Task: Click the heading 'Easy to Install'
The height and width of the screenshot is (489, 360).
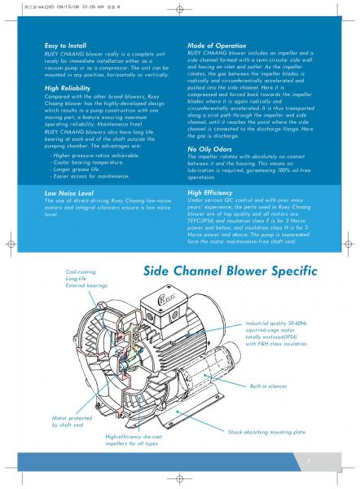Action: pos(66,46)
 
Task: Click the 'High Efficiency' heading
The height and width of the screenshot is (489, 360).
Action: pos(212,192)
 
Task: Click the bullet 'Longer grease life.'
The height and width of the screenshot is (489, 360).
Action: pos(81,169)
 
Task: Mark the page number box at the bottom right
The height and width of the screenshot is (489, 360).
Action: pos(309,462)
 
